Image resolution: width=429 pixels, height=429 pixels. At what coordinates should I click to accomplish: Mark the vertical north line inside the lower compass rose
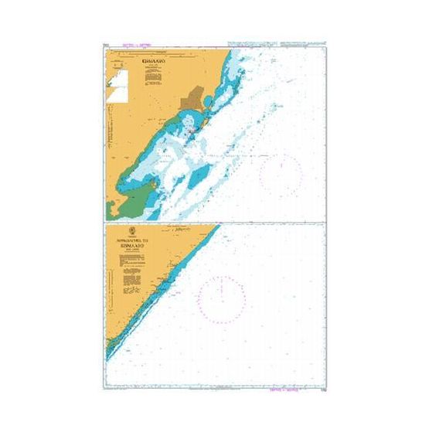click(x=222, y=288)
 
